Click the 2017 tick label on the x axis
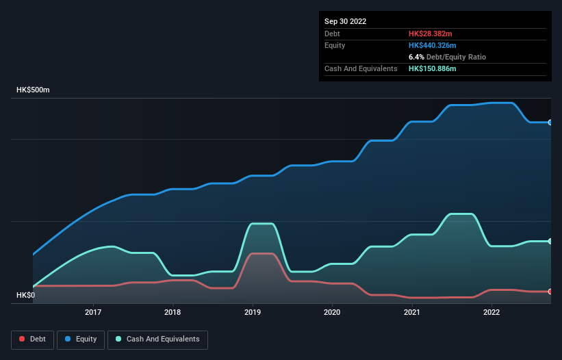pyautogui.click(x=93, y=312)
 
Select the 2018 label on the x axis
pyautogui.click(x=173, y=312)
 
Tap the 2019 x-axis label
pyautogui.click(x=253, y=312)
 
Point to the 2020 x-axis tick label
pyautogui.click(x=332, y=312)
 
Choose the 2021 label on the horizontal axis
pyautogui.click(x=412, y=312)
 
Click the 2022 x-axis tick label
pyautogui.click(x=491, y=312)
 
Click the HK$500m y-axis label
pyautogui.click(x=34, y=90)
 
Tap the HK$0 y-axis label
pyautogui.click(x=26, y=295)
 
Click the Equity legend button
pyautogui.click(x=81, y=339)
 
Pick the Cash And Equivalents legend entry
pyautogui.click(x=157, y=339)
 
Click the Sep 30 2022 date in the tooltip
pyautogui.click(x=346, y=21)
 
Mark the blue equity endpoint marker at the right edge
pyautogui.click(x=550, y=123)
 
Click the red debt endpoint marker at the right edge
pyautogui.click(x=550, y=292)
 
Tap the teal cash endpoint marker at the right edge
pyautogui.click(x=550, y=242)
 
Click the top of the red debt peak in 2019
pyautogui.click(x=261, y=254)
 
